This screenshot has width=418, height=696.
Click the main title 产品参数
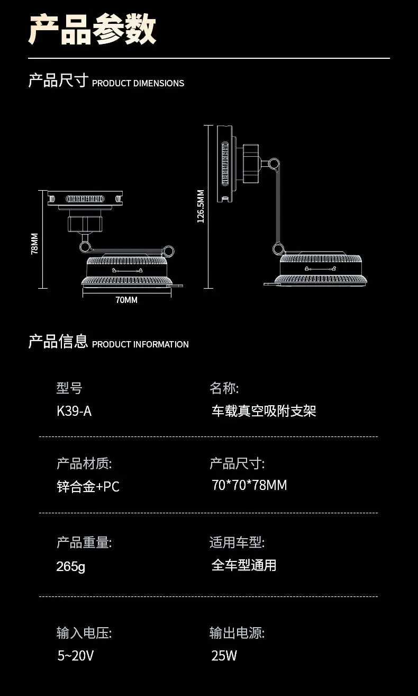92,29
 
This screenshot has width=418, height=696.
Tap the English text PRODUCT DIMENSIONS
138,83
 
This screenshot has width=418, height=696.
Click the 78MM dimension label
34,244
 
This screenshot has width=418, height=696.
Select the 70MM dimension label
126,300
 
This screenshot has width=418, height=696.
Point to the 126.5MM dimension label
201,207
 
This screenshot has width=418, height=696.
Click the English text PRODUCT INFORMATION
140,344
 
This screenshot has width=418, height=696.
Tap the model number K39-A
74,411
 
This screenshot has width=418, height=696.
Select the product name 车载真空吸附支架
264,411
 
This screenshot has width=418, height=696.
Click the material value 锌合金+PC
88,487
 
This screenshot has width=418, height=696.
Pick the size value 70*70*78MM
249,485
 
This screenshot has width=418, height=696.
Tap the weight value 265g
71,566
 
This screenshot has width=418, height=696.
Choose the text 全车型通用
244,565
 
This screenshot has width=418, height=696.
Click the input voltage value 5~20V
76,656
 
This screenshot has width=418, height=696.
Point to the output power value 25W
224,656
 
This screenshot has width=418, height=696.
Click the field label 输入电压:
84,633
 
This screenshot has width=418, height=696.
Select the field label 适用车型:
237,542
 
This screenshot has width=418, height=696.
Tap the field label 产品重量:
84,542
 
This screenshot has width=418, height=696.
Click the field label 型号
69,388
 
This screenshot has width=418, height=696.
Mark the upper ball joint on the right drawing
274,164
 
